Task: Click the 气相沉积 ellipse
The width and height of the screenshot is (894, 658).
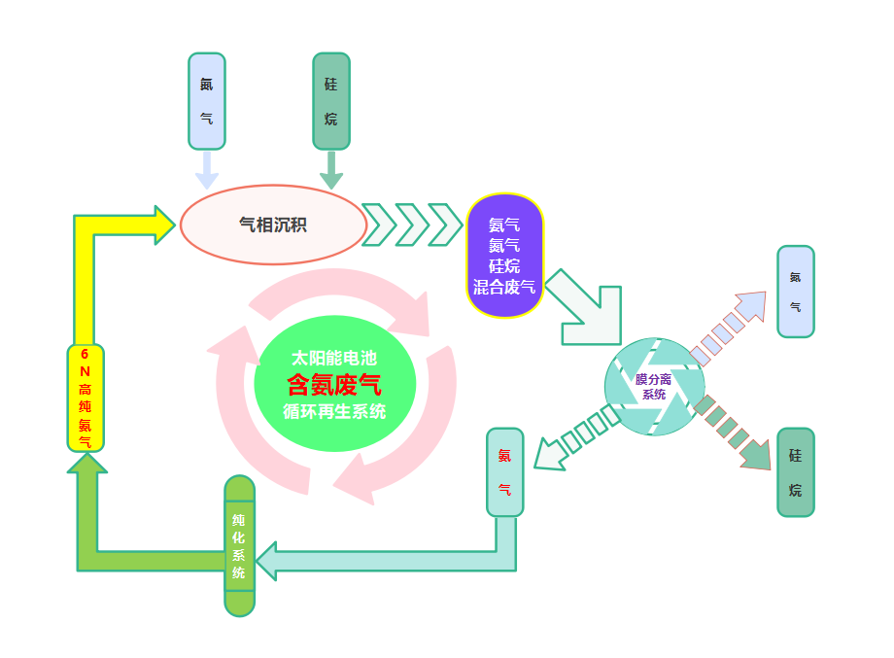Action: point(273,225)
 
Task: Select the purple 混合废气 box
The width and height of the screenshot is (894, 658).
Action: point(504,256)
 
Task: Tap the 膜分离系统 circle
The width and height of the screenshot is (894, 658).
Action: point(653,387)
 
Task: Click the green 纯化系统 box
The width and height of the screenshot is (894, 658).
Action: point(239,545)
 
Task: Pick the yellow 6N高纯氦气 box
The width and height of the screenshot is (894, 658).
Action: point(86,398)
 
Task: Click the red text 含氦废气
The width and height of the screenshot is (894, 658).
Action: point(333,383)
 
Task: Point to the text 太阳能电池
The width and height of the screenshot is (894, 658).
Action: point(333,358)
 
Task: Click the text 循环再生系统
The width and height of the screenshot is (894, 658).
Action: point(333,411)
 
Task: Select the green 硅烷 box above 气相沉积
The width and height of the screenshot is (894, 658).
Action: point(331,101)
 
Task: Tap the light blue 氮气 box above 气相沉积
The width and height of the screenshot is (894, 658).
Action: point(206,101)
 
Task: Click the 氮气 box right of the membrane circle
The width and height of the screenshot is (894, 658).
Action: point(796,292)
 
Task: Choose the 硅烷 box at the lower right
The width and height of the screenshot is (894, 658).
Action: point(796,472)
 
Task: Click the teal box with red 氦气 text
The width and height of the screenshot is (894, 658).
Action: point(504,472)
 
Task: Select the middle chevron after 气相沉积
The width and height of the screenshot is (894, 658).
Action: point(412,225)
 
